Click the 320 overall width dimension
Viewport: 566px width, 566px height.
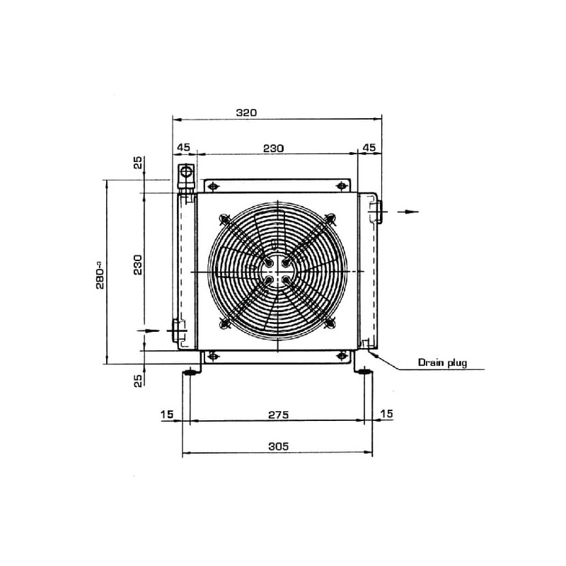coord(246,112)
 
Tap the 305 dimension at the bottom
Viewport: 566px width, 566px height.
coord(278,446)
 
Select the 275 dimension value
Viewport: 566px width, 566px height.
coord(278,415)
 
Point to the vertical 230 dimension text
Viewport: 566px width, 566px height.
coord(137,265)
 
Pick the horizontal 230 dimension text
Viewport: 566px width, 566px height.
coord(273,149)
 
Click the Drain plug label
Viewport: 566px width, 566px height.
coord(442,362)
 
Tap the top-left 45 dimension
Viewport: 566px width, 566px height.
coord(183,147)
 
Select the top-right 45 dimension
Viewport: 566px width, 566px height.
coord(369,147)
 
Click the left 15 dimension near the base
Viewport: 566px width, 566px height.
coord(167,414)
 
